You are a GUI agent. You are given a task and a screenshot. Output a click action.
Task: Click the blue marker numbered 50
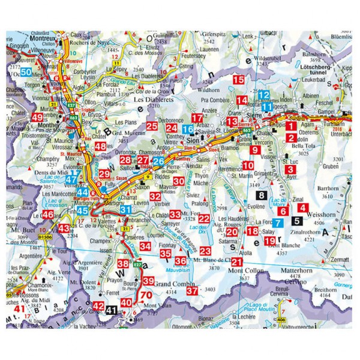click(25, 72)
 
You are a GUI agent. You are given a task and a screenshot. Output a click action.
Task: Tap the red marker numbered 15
click(239, 80)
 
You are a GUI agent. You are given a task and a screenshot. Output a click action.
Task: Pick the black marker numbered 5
click(298, 220)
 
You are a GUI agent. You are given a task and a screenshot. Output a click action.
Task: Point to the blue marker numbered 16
click(188, 129)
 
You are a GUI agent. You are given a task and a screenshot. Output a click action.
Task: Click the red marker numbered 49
click(37, 118)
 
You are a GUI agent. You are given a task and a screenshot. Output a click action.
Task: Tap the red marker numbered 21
click(236, 262)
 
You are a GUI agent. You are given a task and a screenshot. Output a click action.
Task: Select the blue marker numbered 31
click(125, 209)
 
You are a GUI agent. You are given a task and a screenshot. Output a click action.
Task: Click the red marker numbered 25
click(152, 126)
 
